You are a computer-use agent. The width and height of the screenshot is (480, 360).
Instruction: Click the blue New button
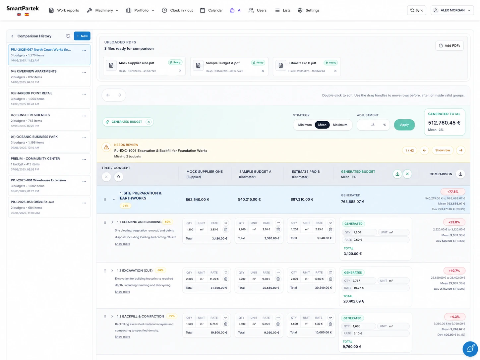(82, 36)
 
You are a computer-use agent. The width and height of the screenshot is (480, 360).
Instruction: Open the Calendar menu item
(211, 10)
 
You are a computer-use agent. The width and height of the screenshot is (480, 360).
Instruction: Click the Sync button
(416, 10)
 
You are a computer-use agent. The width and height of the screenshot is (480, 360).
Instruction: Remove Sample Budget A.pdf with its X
(263, 71)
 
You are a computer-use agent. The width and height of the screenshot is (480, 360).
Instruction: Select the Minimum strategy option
(305, 125)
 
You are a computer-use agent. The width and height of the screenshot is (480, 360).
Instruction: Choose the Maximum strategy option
(340, 125)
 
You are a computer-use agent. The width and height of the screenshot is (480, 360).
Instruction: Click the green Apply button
(404, 125)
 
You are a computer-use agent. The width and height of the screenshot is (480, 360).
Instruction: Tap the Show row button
(443, 150)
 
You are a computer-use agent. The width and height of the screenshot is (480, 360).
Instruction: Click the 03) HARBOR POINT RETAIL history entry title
(31, 93)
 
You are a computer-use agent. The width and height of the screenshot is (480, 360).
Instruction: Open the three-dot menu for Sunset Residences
(84, 116)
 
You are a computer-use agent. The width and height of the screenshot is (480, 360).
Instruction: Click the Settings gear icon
(300, 10)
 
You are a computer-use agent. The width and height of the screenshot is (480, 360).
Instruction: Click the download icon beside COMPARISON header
(460, 174)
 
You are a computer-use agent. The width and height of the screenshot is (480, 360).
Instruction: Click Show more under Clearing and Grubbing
(122, 244)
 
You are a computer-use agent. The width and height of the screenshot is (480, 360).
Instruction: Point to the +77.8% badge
(453, 192)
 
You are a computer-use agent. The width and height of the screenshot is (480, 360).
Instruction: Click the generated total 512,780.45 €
(444, 123)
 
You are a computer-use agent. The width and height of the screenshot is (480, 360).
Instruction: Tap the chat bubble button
(470, 349)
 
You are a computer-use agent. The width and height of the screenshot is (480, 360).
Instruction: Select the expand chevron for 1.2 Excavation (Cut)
(112, 270)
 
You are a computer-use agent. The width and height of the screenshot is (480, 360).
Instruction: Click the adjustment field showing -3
(373, 125)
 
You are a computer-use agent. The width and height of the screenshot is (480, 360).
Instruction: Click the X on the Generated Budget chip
(149, 122)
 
